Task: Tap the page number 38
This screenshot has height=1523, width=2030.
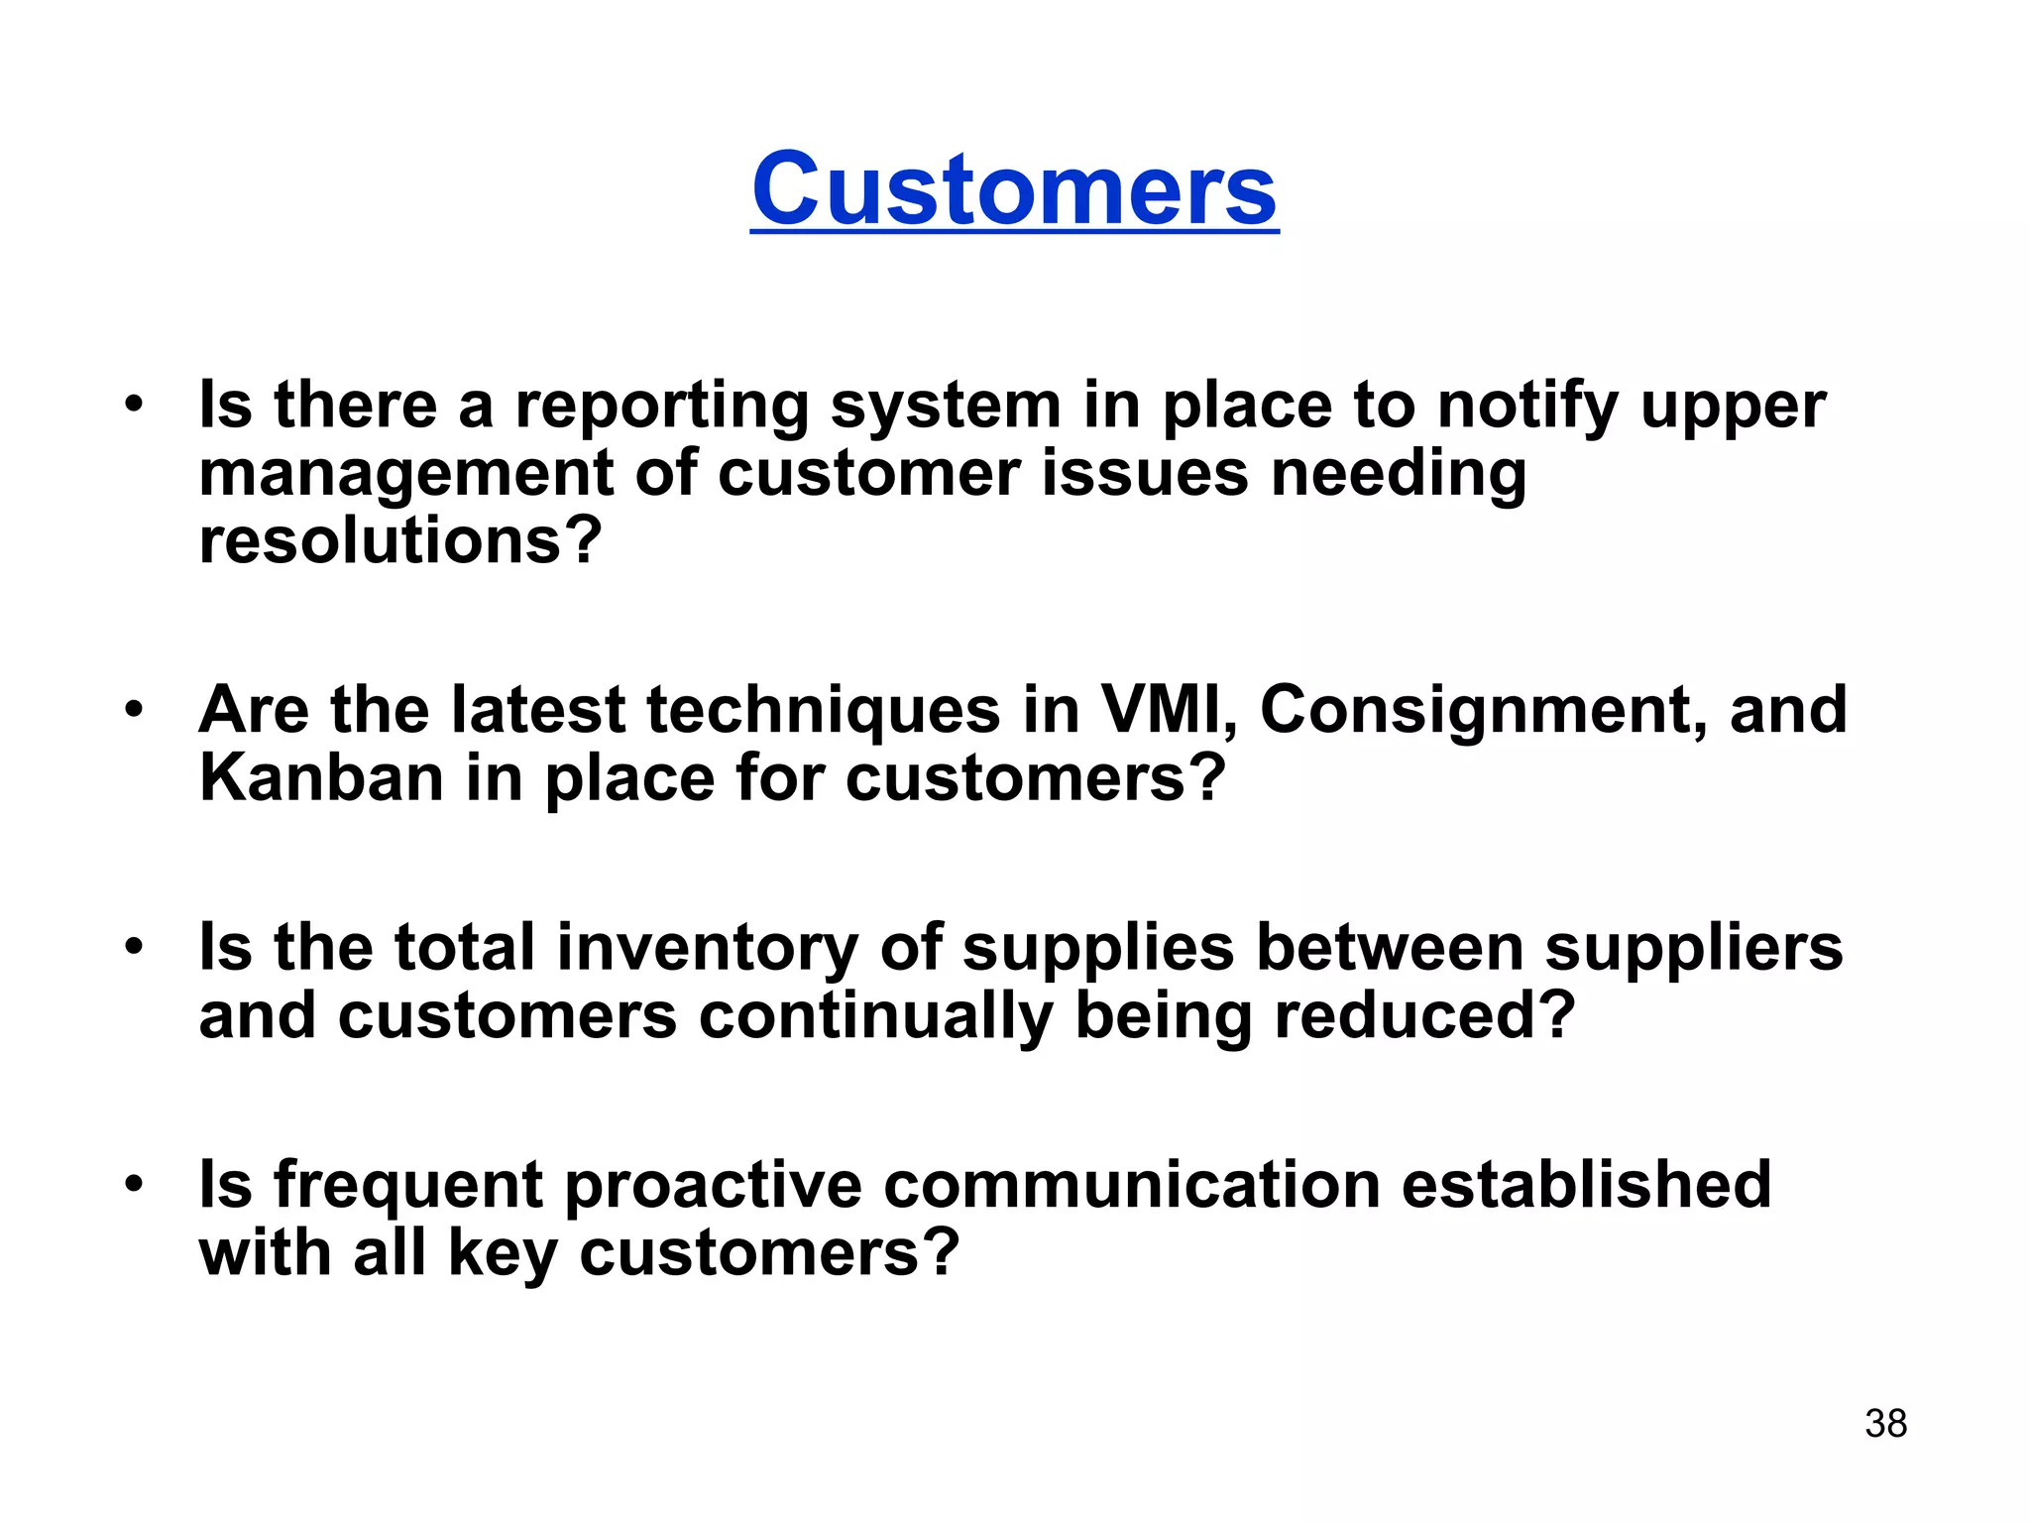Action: click(1885, 1424)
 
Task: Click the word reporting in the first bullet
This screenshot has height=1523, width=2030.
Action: click(661, 407)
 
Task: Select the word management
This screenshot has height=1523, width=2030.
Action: click(405, 475)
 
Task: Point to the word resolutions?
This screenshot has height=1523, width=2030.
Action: click(400, 541)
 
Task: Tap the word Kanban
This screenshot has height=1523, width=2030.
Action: click(321, 778)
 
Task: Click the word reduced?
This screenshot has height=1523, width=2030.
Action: click(1424, 1016)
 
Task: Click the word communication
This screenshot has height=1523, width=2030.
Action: click(1131, 1185)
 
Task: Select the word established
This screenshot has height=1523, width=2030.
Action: click(1586, 1185)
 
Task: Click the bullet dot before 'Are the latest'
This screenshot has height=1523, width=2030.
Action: click(134, 709)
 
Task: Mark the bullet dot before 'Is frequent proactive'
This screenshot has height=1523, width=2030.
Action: click(134, 1183)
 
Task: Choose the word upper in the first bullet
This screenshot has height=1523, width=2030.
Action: click(1733, 409)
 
